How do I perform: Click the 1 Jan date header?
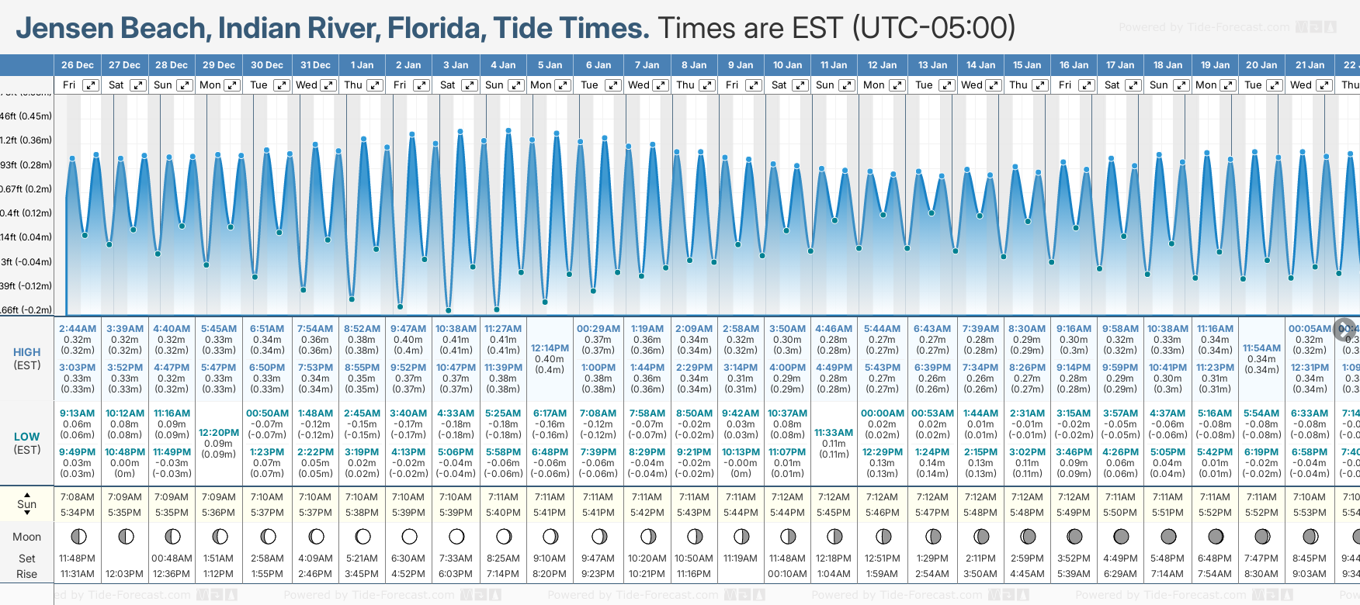point(362,65)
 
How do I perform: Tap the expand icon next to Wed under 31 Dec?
point(328,85)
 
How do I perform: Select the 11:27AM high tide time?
point(503,329)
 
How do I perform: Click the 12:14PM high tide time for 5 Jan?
point(550,348)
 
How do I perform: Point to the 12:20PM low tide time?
point(219,433)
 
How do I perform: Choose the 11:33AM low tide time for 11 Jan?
point(834,433)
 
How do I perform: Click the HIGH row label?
point(27,352)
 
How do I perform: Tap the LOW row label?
point(27,437)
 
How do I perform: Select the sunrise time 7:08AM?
point(77,497)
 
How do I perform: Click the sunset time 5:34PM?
point(77,513)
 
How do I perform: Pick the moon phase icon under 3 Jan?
point(456,536)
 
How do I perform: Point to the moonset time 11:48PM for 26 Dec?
point(77,558)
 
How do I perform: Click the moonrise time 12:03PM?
point(124,574)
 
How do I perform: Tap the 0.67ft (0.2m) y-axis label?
point(26,189)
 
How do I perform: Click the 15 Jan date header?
point(1027,65)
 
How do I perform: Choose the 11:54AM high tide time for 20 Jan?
point(1261,348)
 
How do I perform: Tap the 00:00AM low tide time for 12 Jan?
point(883,413)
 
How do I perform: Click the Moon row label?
point(27,537)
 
